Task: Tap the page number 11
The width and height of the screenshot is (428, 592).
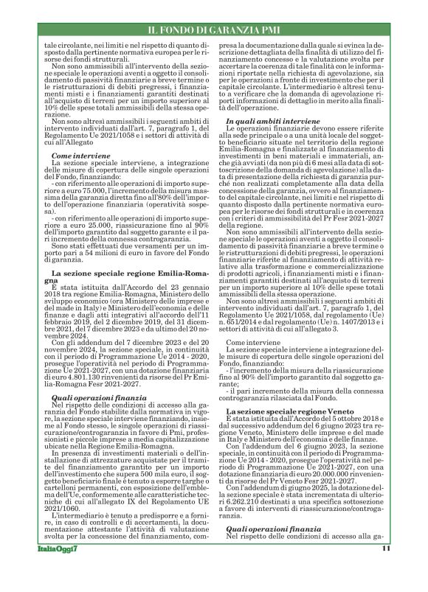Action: pyautogui.click(x=386, y=568)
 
